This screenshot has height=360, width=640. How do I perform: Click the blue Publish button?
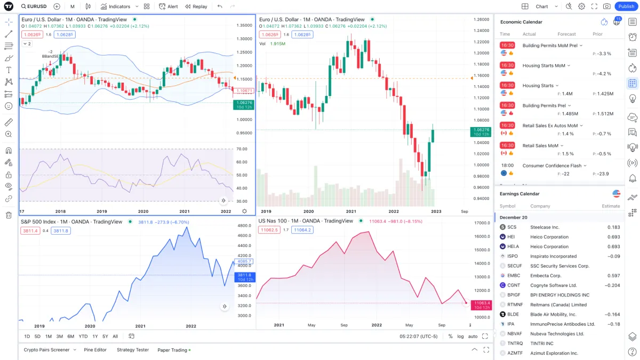(626, 6)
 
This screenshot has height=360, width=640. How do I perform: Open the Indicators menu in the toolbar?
(116, 6)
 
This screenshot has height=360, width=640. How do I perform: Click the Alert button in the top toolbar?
(169, 6)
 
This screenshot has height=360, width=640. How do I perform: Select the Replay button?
(196, 6)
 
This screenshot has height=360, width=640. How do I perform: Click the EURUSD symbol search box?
(34, 6)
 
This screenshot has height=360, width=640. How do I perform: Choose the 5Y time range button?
(105, 337)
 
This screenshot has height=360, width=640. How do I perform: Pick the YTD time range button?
(83, 337)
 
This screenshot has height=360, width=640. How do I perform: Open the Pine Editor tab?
(95, 350)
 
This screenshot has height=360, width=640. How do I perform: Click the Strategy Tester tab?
(133, 350)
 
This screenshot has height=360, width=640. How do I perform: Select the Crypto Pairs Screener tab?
(46, 350)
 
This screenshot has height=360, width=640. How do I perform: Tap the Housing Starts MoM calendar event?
(543, 66)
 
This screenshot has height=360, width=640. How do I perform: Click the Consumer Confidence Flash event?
(551, 166)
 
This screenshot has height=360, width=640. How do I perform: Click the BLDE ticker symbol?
(513, 315)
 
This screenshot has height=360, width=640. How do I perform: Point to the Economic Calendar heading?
(521, 22)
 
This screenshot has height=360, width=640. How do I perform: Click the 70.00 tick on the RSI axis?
(241, 149)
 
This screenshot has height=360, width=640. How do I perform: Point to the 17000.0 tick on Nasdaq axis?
(482, 223)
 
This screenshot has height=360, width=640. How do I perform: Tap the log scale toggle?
(460, 337)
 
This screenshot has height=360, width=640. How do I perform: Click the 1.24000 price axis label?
(482, 31)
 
